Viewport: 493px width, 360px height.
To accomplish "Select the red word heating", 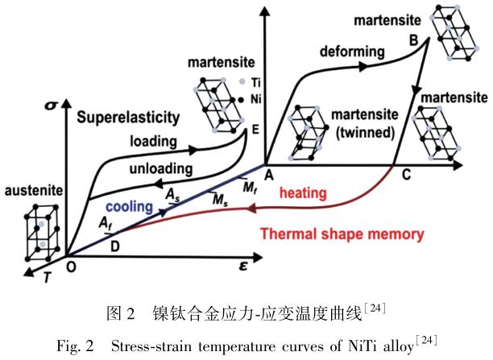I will [303, 194].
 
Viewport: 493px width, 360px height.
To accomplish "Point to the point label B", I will [412, 40].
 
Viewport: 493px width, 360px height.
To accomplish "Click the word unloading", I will [161, 169].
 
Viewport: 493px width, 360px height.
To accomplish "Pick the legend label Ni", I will [255, 99].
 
